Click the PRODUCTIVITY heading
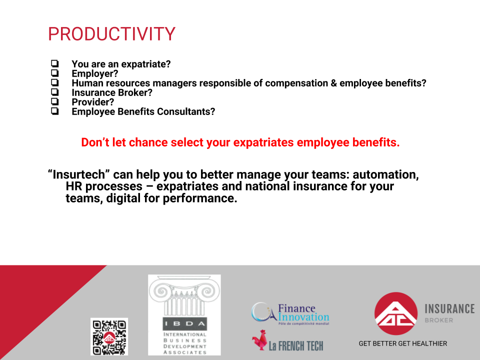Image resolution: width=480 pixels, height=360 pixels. pos(111,33)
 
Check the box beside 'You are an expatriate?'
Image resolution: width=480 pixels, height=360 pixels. pos(55,63)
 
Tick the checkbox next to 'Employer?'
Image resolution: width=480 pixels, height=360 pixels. pos(55,73)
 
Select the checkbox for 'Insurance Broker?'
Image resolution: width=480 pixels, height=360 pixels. pos(55,92)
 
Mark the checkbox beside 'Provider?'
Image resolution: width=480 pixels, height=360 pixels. pos(55,101)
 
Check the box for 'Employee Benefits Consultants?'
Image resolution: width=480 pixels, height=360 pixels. pos(55,111)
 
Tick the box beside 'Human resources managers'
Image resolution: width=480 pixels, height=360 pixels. pos(55,82)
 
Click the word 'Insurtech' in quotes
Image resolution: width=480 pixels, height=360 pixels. pos(79,174)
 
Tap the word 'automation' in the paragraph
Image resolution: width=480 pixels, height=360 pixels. pos(385,174)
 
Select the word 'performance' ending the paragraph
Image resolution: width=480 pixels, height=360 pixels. pos(200,198)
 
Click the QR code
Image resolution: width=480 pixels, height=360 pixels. pos(109,336)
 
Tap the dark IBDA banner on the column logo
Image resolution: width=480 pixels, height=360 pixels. pos(184,324)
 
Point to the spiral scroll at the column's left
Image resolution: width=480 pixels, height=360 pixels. pos(161,290)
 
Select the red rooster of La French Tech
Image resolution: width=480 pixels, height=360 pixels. pos(259,340)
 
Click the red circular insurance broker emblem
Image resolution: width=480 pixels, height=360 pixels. pos(396,313)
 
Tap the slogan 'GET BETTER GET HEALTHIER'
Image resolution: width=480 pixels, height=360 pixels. pos(403,343)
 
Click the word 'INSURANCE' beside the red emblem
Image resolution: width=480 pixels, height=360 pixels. pos(449,309)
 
